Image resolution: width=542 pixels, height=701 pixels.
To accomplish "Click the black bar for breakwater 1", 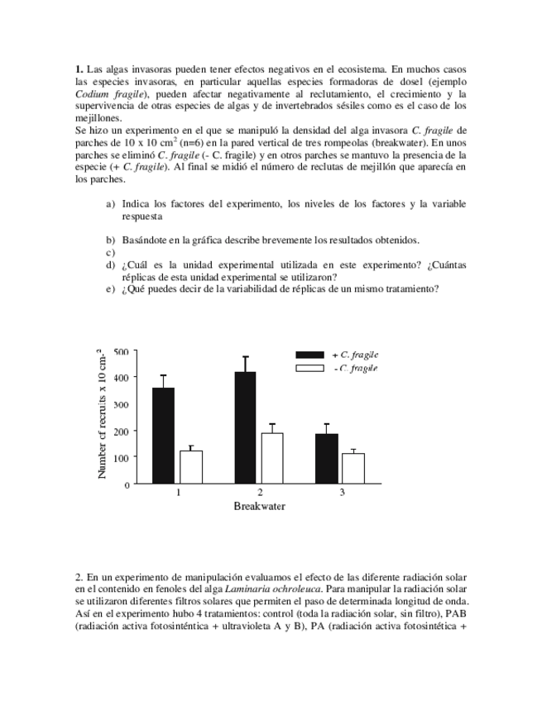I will click(163, 436).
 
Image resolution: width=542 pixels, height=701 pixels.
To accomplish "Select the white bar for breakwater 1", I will click(191, 467).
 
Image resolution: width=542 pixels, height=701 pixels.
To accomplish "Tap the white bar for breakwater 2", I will click(272, 459).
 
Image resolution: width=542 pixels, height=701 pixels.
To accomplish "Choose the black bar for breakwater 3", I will click(327, 459).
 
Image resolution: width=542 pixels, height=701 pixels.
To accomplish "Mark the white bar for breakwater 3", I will click(353, 469).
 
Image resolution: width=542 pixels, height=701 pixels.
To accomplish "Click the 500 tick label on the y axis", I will click(120, 351).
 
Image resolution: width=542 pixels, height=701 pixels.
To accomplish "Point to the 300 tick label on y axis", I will click(120, 404).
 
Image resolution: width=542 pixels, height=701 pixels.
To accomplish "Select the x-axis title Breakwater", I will click(259, 506).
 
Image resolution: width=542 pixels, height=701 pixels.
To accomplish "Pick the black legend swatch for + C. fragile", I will click(309, 354).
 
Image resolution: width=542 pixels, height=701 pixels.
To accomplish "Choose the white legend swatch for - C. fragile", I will click(309, 368).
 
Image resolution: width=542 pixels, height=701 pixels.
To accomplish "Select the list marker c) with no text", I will click(109, 252).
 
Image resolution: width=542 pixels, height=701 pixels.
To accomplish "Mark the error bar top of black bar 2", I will click(245, 357).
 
